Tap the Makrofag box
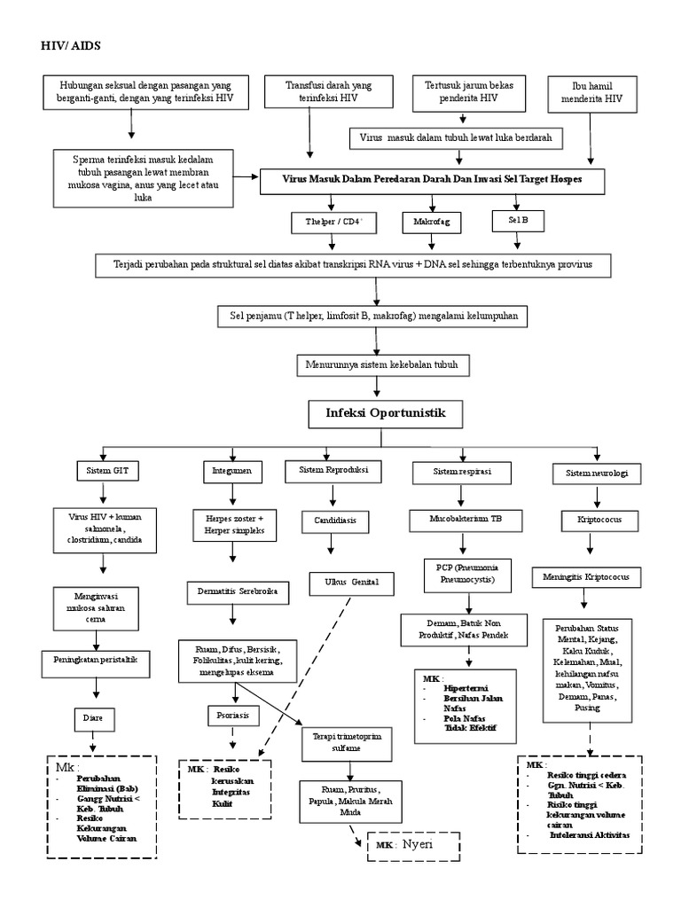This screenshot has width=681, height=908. tap(427, 222)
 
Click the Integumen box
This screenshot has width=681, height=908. tap(232, 470)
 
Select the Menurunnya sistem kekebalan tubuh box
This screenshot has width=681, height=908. tap(381, 364)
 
